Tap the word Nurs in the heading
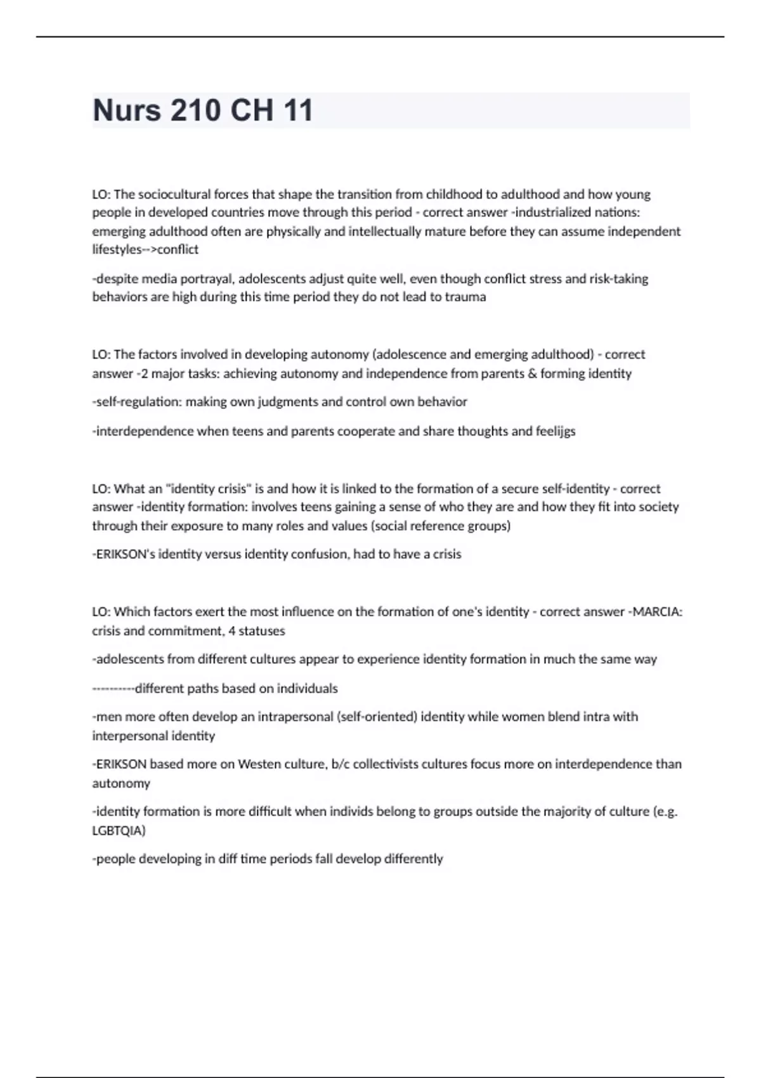pyautogui.click(x=127, y=110)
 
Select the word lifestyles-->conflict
pyautogui.click(x=145, y=249)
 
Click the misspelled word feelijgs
pyautogui.click(x=555, y=431)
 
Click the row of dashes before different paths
pyautogui.click(x=113, y=689)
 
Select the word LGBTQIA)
pyautogui.click(x=119, y=831)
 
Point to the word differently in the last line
pyautogui.click(x=413, y=859)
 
